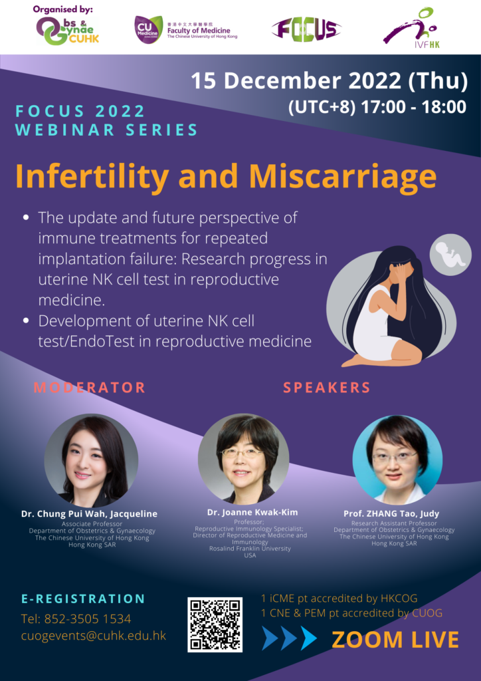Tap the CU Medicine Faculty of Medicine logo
pos(185,29)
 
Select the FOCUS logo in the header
pos(306,30)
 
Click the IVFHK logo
pos(412,28)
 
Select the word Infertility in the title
pos(92,177)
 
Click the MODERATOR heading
pos(89,388)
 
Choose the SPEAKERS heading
pos(327,388)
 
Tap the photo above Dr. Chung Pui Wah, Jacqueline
pos(91,460)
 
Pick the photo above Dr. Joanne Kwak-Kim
pos(243,459)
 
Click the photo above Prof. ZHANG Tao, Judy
pos(397,459)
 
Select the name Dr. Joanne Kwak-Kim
pos(252,513)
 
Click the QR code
pos(215,624)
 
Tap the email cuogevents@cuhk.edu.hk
pos(94,636)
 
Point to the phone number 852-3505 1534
pos(76,618)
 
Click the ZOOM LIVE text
pos(395,639)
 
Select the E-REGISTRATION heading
pos(83,599)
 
